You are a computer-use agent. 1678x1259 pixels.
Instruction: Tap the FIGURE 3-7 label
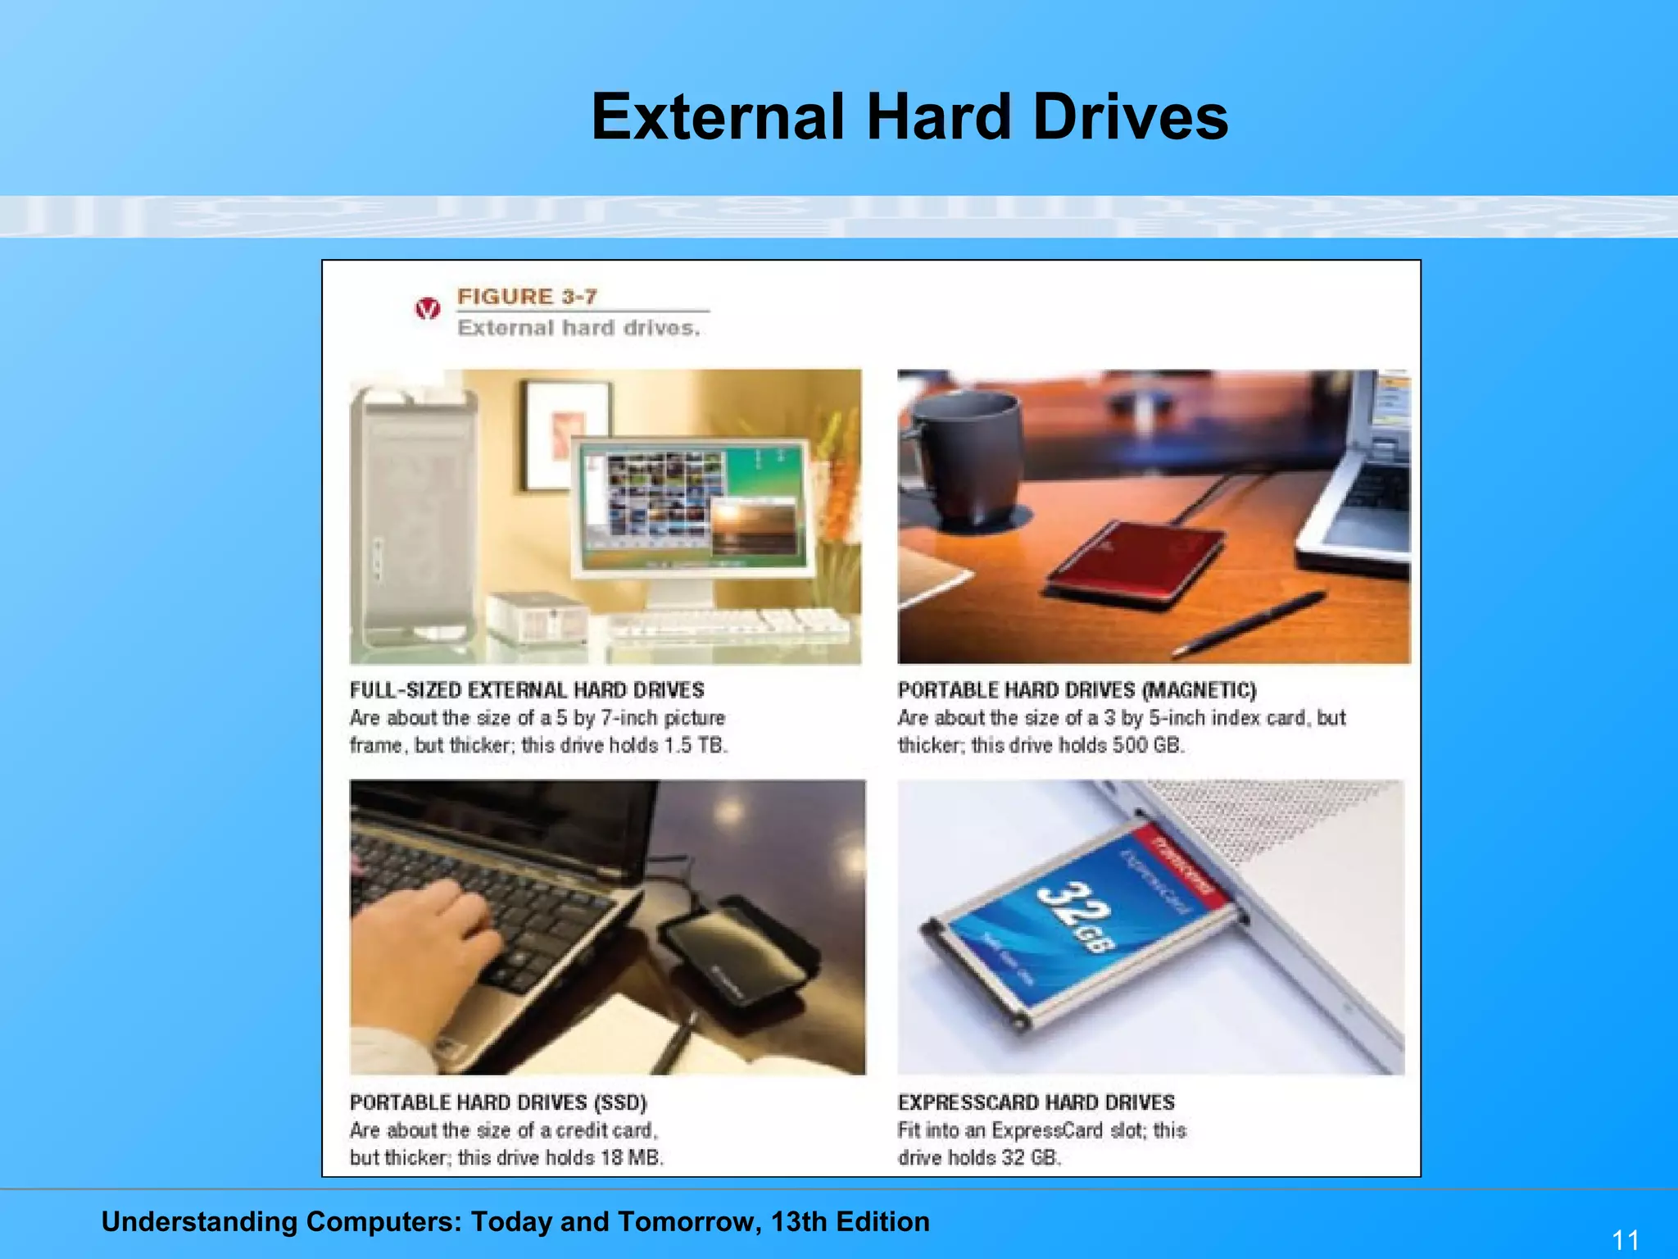(527, 297)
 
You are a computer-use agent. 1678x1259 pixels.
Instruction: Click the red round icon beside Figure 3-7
(427, 309)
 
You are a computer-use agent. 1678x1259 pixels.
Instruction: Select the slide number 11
(1626, 1239)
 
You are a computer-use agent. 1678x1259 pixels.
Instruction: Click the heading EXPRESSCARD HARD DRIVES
(1036, 1102)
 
